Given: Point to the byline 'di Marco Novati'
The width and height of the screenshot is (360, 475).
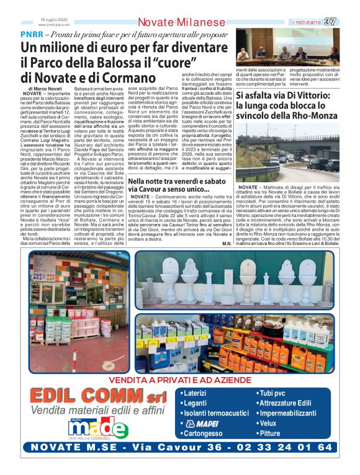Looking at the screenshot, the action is point(45,90).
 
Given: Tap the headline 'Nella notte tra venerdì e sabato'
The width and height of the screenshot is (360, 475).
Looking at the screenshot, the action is point(174,182).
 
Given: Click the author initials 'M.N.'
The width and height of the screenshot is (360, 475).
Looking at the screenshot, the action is point(226,242).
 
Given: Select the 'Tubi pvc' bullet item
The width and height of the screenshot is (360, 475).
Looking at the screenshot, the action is point(275,393).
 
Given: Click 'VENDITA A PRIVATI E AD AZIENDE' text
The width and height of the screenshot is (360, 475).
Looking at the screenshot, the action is point(180,380).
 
